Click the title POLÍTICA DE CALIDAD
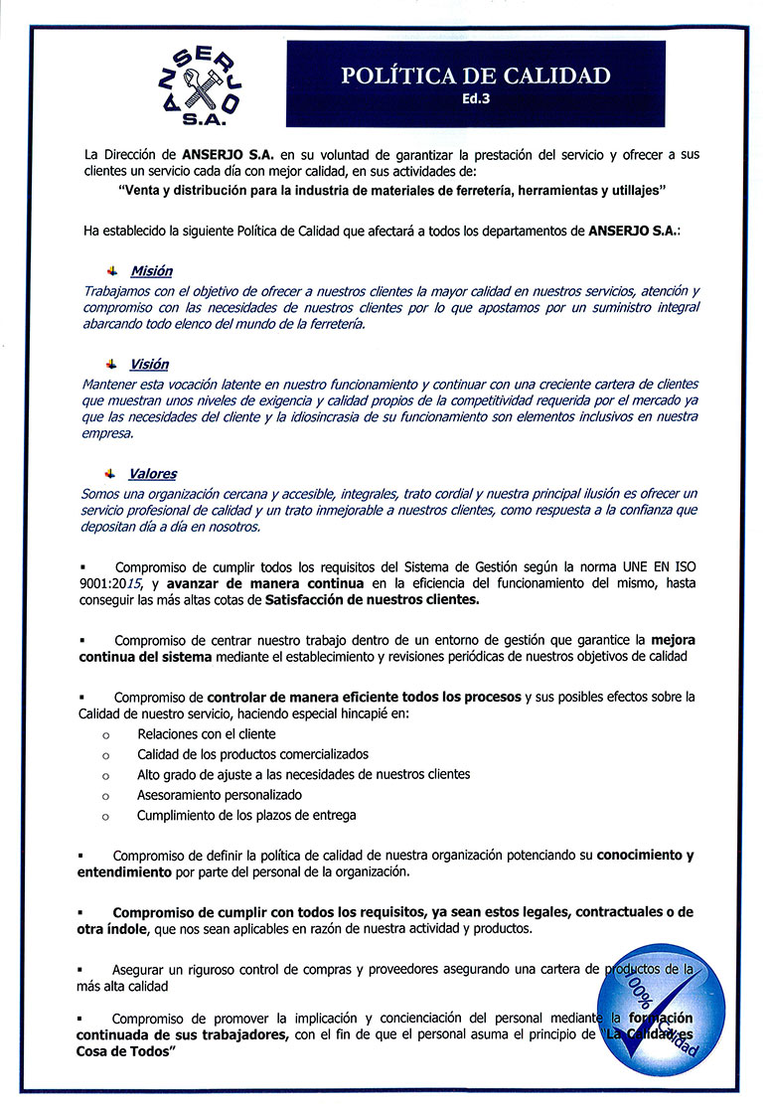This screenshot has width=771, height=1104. tap(475, 77)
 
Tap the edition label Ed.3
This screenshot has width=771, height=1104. tap(476, 100)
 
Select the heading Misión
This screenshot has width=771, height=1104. tap(151, 271)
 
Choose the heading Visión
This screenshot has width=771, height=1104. tap(149, 365)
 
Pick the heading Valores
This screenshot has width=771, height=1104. tap(153, 474)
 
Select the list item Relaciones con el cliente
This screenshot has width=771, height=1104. tap(207, 733)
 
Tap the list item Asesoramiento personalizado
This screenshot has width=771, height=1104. tap(220, 794)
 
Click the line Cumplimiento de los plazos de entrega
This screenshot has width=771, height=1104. tap(246, 815)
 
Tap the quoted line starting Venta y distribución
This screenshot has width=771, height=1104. tap(391, 189)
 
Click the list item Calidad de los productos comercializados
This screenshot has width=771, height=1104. tap(252, 754)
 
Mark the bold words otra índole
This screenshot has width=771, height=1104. tap(110, 929)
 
